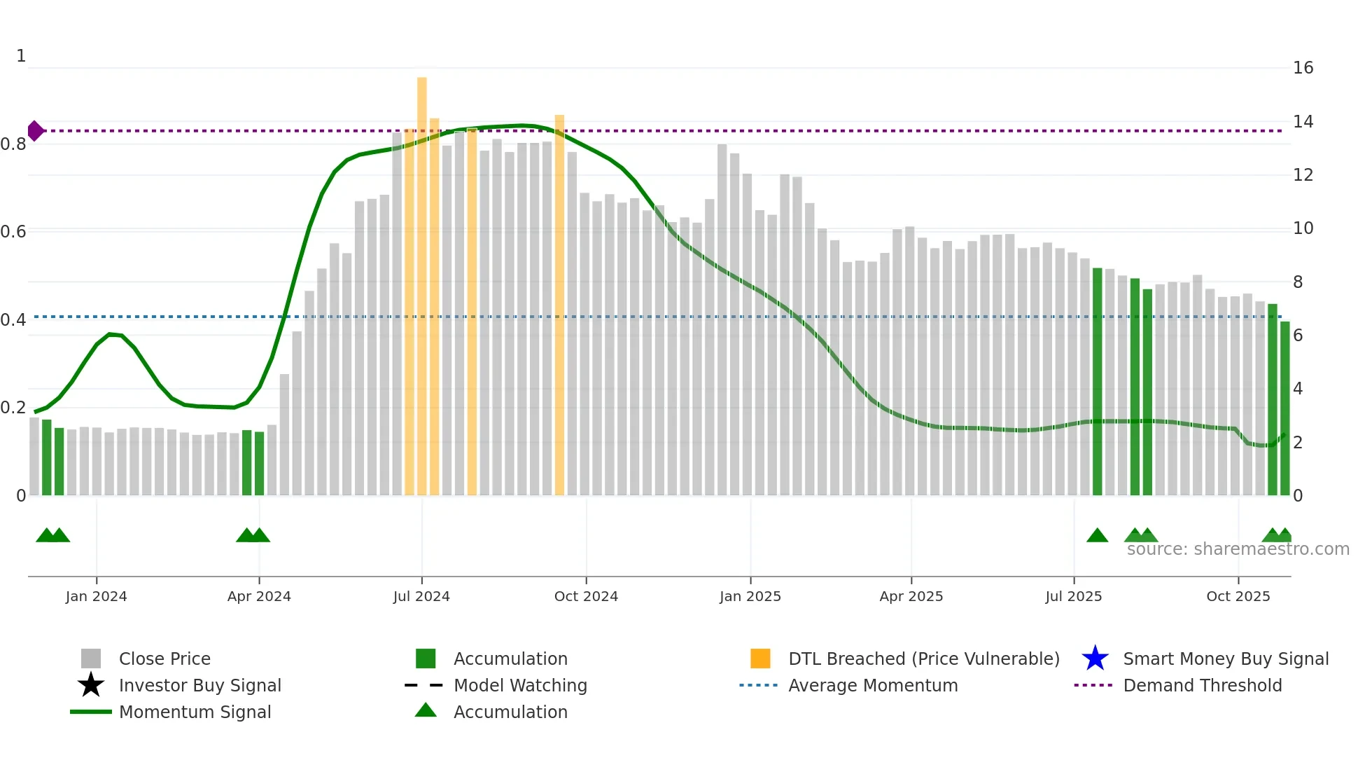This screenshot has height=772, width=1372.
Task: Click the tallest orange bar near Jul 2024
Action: coord(421,280)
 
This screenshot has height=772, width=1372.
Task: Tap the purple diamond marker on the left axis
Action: coord(35,131)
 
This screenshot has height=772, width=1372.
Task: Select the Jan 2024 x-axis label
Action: coord(96,596)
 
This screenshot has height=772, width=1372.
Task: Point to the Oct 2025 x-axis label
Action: coord(1238,596)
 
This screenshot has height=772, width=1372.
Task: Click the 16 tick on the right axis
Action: coord(1303,68)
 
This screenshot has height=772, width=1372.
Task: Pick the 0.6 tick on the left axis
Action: coord(13,232)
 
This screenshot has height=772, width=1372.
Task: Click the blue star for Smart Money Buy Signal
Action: coord(1095,659)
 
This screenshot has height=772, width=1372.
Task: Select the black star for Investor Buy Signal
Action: coord(91,685)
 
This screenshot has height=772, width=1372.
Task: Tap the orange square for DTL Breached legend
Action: coord(760,659)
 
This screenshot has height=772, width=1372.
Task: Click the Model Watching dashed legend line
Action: coord(424,685)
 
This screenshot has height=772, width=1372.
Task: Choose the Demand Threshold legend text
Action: coord(1202,685)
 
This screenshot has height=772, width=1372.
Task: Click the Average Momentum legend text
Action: coord(873,685)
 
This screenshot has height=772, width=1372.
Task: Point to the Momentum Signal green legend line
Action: coord(91,712)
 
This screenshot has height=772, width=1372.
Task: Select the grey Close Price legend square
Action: coord(91,659)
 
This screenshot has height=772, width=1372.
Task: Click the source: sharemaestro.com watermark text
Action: coord(1238,549)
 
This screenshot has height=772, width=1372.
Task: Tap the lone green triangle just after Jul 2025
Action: coord(1097,536)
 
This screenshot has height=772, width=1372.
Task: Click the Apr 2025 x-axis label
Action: coord(911,596)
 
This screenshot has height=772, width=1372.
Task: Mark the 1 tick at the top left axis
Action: coord(21,56)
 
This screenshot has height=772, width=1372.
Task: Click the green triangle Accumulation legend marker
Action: coord(426,711)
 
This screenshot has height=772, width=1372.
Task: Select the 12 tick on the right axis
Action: coord(1303,175)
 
